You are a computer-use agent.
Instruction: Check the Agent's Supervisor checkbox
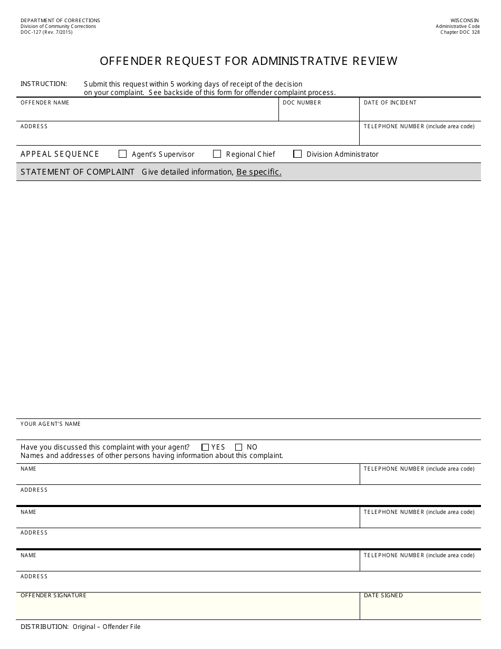tap(123, 154)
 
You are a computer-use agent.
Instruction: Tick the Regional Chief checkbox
tap(217, 154)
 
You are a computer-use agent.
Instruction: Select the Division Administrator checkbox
tap(297, 154)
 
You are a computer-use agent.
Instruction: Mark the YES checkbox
tap(205, 447)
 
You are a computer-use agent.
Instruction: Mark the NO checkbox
tap(239, 447)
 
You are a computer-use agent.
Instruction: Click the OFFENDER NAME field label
tap(45, 102)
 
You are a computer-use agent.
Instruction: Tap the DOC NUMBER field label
tap(302, 102)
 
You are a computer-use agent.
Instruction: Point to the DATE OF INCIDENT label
tap(390, 102)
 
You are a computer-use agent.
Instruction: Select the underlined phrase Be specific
tap(258, 172)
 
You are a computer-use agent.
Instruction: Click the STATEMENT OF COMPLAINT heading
tap(78, 172)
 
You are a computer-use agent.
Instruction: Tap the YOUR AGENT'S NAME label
tap(51, 424)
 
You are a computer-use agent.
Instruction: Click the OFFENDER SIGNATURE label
tap(53, 595)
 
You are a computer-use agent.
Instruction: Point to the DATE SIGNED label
tap(383, 595)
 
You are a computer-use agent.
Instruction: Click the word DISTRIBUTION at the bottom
tap(44, 627)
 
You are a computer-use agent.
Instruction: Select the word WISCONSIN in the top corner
tap(465, 21)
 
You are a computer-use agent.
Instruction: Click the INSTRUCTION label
tap(44, 84)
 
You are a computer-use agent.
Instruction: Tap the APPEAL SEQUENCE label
tap(60, 154)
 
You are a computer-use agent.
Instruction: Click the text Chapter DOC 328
tap(460, 32)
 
